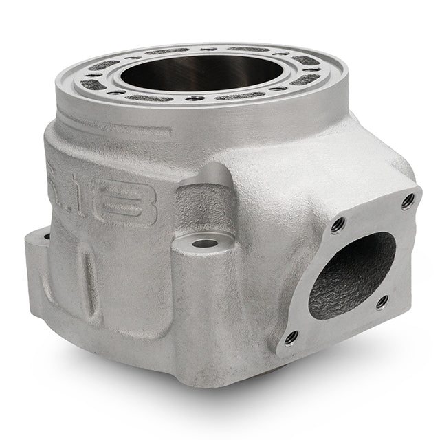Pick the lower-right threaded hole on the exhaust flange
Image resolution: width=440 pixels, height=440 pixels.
pyautogui.click(x=382, y=300)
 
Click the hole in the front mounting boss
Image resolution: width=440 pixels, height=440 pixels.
pyautogui.click(x=203, y=243)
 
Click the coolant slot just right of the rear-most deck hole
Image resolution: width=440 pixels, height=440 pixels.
pyautogui.click(x=244, y=49)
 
